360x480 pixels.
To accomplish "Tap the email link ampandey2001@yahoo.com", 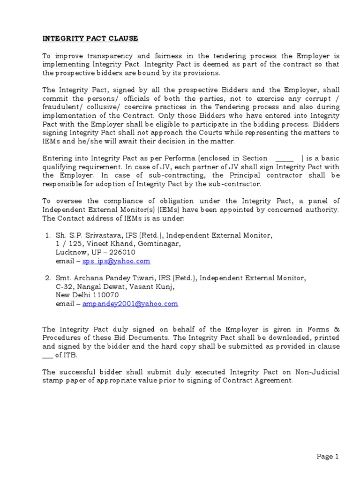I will coord(130,304).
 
